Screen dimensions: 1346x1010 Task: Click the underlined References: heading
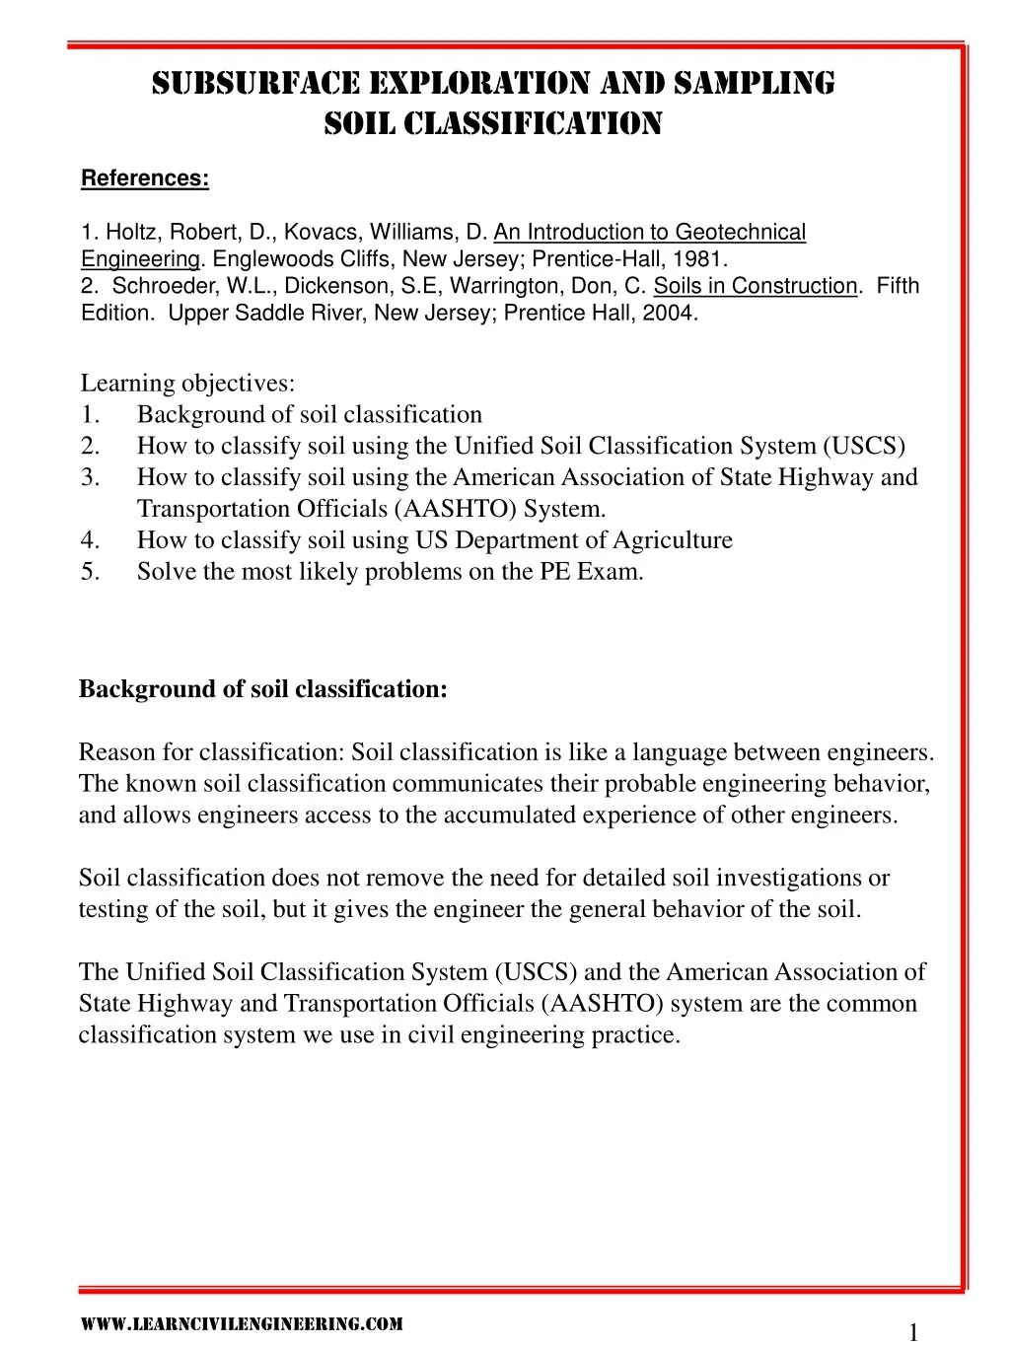144,178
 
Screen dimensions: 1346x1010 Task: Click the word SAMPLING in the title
755,83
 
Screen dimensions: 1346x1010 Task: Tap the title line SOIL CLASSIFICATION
493,124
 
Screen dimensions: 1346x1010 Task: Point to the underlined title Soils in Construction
756,286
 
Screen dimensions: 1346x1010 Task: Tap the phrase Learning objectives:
187,383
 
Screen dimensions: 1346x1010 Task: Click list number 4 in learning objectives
90,540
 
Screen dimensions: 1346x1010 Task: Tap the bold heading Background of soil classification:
263,689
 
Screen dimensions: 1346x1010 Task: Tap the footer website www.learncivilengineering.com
241,1324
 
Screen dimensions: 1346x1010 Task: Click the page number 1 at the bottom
912,1333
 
